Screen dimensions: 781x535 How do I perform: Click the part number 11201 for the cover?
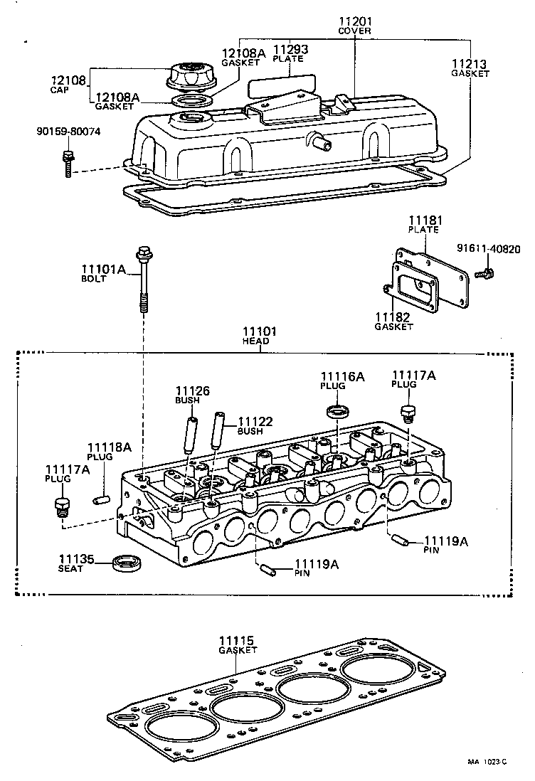[354, 22]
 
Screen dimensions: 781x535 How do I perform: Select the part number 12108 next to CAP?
[67, 80]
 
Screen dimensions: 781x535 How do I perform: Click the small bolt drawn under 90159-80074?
[68, 163]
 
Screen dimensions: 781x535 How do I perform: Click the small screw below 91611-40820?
[487, 272]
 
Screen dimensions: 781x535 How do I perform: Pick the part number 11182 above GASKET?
[393, 317]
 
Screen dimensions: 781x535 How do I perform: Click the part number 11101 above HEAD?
[258, 332]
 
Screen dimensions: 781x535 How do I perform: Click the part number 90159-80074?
[69, 132]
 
